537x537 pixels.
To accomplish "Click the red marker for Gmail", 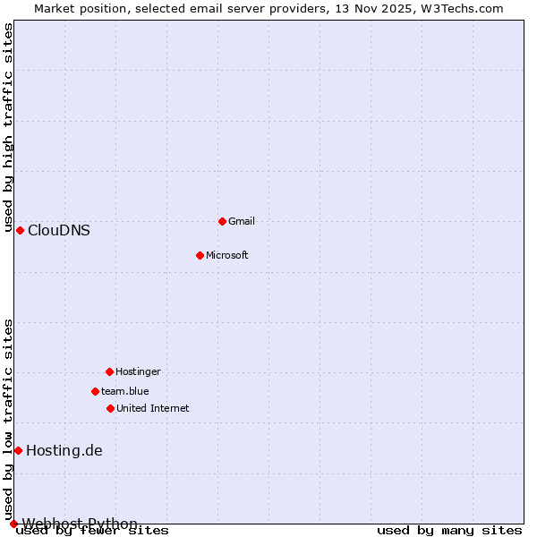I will coord(222,221).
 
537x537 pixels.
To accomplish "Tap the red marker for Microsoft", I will coord(200,255).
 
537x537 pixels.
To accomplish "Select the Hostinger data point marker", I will coord(109,371).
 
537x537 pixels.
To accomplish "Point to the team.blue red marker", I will coord(95,391).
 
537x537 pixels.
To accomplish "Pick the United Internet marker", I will coord(110,408).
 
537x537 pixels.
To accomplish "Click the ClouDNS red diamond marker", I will coord(20,230).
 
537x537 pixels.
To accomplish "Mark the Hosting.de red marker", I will coord(18,450).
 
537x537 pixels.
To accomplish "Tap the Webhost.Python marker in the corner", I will coord(13,524).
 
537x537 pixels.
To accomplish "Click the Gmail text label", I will coord(242,221).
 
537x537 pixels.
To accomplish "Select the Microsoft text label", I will coord(227,255).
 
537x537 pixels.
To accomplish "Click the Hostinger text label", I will coord(138,371).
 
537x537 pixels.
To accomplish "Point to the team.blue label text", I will coord(125,391).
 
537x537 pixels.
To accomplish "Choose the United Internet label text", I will coord(153,408).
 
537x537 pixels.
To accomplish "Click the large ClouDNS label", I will coord(59,230).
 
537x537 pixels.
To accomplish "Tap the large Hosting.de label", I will coord(64,450).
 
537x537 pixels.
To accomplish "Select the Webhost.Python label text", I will coord(81,524).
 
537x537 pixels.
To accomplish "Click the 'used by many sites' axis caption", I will coord(449,531).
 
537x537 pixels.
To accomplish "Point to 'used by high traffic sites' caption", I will coord(8,128).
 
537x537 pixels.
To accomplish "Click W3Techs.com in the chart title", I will coord(463,8).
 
